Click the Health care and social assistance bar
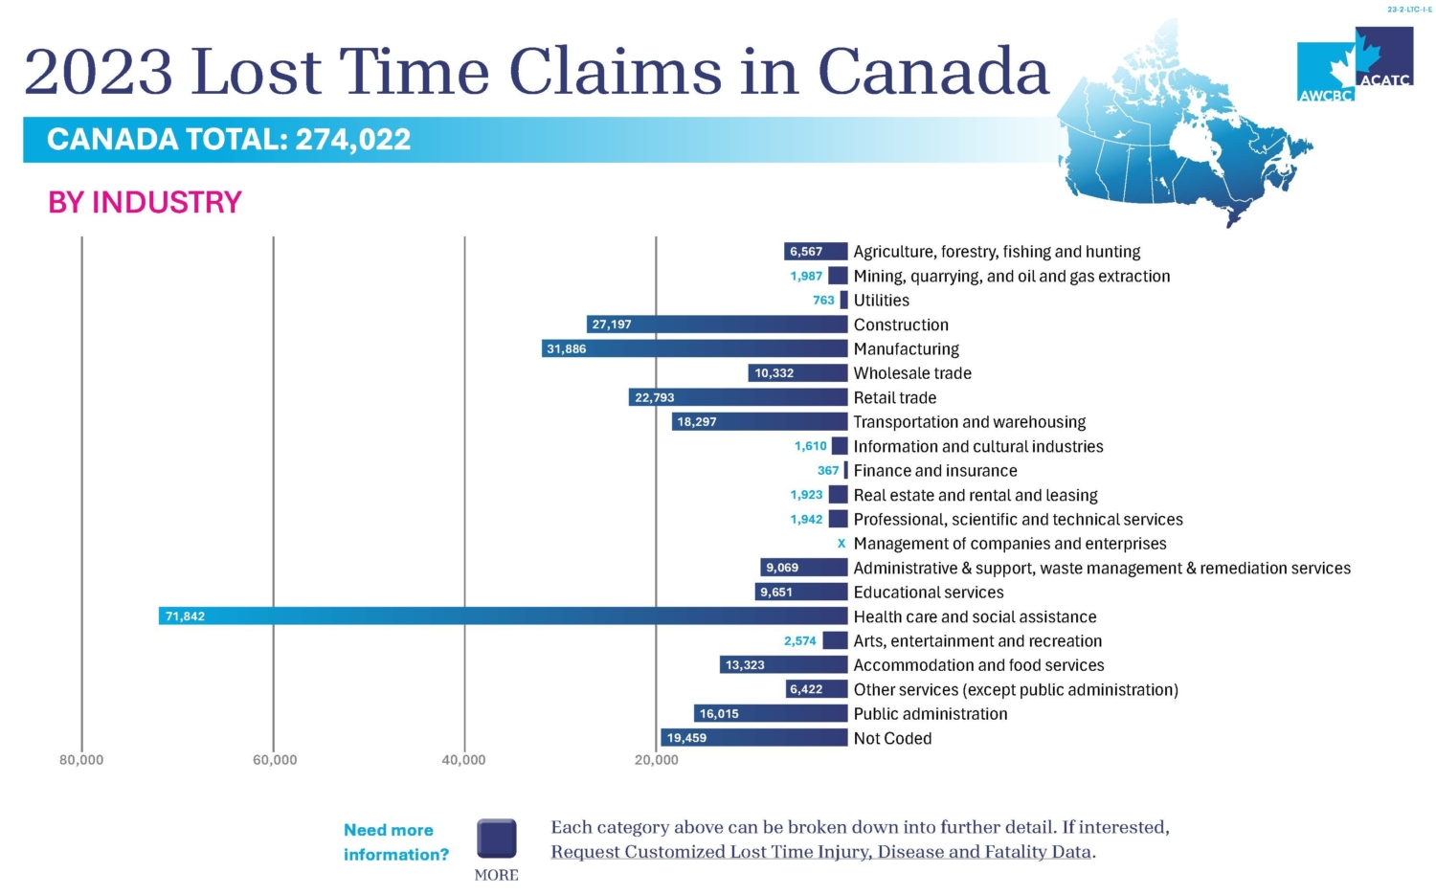504,616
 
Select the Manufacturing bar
695,349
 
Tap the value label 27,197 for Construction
612,324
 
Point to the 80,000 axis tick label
81,760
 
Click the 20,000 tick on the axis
656,760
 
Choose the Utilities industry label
881,301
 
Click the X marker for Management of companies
841,544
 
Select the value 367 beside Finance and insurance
828,471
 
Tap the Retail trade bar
738,397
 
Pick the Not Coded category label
892,738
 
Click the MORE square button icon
497,839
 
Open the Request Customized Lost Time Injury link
821,852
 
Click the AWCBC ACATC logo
1355,65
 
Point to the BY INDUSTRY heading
145,203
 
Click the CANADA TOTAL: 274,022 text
229,140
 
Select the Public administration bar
771,714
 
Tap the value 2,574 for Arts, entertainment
799,641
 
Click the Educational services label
929,593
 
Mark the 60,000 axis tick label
275,760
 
